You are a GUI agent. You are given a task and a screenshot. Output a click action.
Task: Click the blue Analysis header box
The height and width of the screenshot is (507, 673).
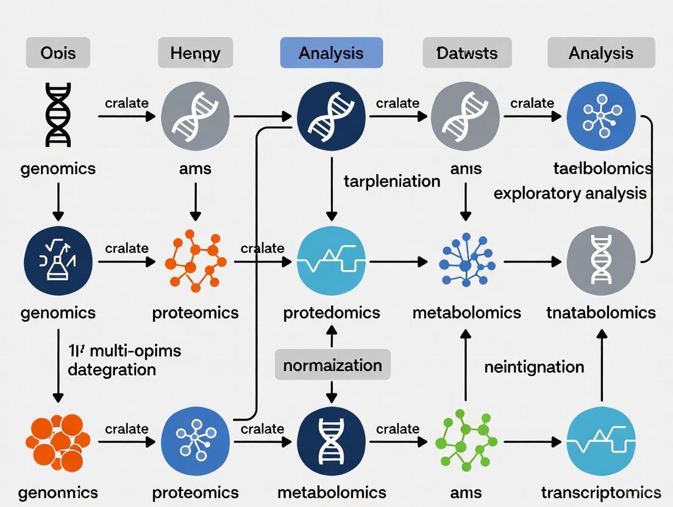point(331,53)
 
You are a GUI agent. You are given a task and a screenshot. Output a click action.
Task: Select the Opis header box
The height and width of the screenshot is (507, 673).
point(58,53)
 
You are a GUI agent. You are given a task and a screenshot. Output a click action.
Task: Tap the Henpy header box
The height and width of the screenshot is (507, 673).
point(195,53)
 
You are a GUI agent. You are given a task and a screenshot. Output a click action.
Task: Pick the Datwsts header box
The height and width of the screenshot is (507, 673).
point(467,53)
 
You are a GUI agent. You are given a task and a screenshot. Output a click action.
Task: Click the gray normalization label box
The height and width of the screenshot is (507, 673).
point(332,365)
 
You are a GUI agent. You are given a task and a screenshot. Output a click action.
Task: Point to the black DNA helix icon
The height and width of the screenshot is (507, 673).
point(58,115)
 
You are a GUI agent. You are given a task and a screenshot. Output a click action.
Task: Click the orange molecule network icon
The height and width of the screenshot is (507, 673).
point(195,260)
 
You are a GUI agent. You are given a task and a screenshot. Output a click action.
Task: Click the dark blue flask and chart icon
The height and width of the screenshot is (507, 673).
point(58,261)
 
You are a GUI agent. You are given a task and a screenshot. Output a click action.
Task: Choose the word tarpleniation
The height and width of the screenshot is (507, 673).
point(391,181)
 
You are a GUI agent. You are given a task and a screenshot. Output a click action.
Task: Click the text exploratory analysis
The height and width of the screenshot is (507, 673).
point(569,193)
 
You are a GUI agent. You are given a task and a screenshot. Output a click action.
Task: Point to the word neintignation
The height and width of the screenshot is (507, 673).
point(534,367)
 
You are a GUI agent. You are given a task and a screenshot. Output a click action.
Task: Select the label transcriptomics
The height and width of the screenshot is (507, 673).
point(601,492)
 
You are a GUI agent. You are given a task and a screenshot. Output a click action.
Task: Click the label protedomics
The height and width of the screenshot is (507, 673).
point(332,313)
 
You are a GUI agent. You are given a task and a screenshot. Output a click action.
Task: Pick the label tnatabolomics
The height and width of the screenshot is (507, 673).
point(601,313)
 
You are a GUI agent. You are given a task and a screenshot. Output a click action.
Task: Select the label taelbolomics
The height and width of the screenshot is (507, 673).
point(602,168)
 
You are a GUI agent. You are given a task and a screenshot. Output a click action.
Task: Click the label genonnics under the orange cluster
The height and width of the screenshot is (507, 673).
point(58,492)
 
